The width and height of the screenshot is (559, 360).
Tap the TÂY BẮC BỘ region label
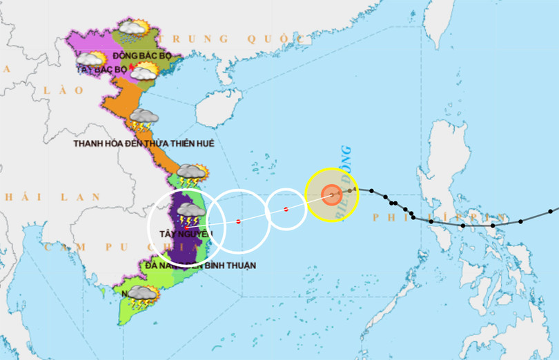point(102,70)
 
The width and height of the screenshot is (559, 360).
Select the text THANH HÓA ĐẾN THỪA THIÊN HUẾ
point(144,143)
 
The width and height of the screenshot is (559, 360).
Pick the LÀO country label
point(55,90)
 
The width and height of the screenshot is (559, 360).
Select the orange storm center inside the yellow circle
point(331,195)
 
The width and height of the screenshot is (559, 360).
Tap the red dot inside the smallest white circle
point(286,209)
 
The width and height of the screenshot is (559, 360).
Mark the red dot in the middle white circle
point(238,221)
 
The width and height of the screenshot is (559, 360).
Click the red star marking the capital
point(131,66)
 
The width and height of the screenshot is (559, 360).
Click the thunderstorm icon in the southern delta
point(142,294)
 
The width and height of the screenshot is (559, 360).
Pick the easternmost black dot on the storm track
point(550,210)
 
